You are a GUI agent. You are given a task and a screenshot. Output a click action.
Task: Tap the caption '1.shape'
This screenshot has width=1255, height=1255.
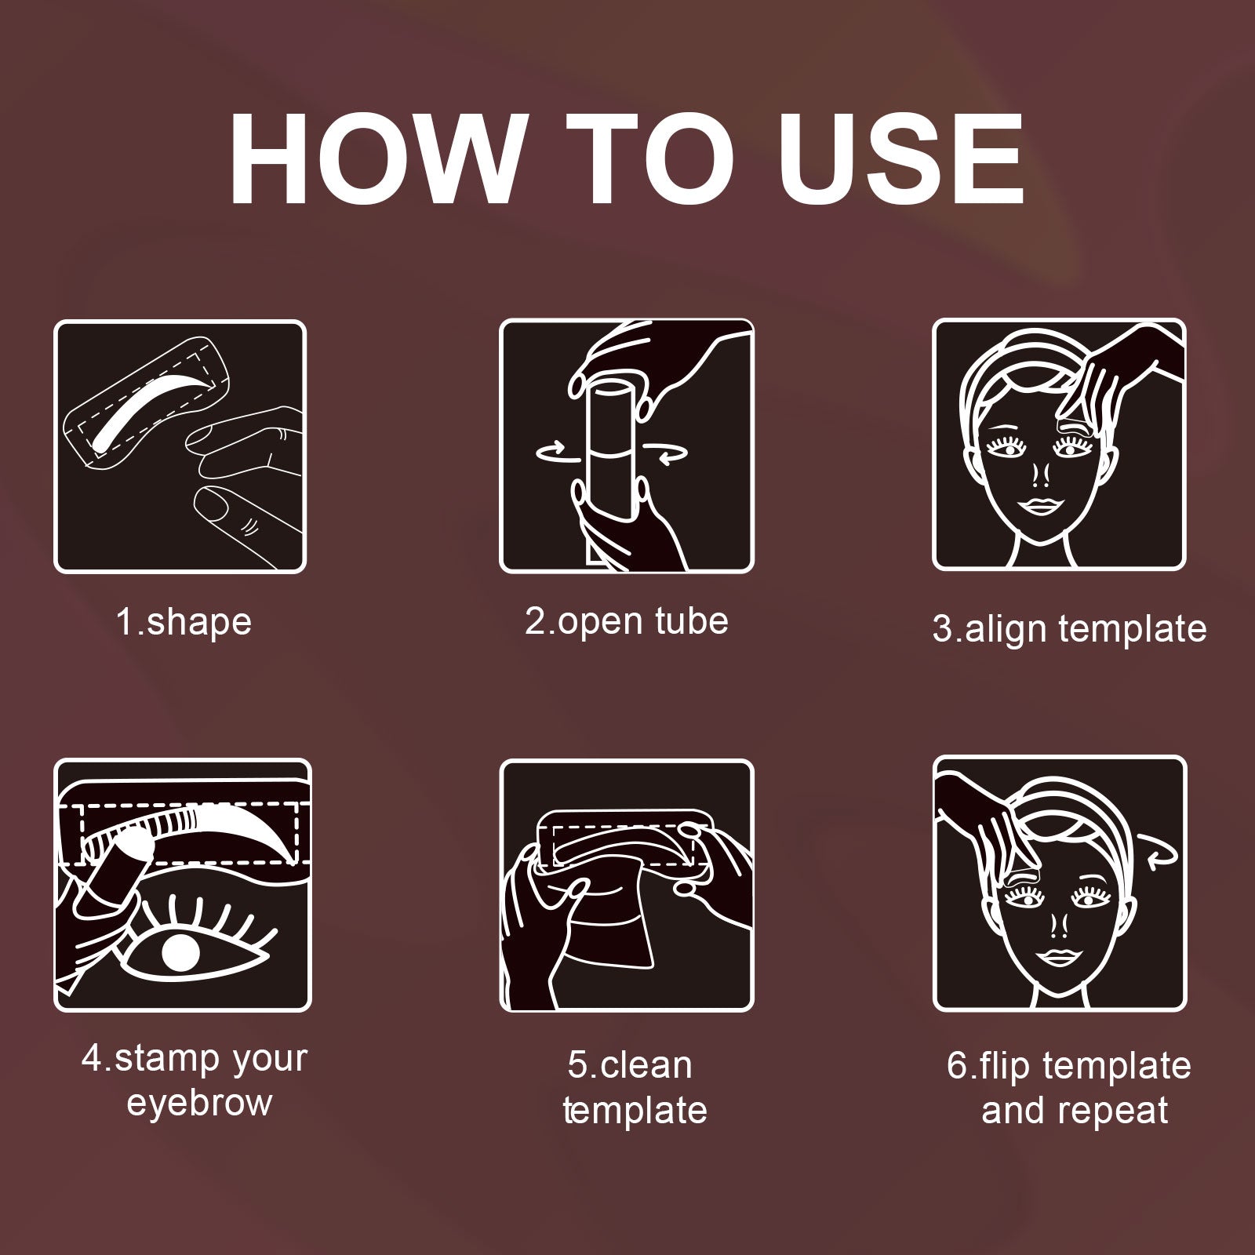pos(184,623)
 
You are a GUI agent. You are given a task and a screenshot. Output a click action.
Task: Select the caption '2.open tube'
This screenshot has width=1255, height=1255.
pos(626,621)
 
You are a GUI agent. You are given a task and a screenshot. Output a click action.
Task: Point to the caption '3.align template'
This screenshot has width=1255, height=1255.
pos(1069,629)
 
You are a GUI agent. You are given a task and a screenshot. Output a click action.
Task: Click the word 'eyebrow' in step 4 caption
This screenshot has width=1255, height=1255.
pos(199,1103)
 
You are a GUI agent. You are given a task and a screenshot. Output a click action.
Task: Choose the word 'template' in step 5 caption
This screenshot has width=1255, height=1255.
pos(635,1111)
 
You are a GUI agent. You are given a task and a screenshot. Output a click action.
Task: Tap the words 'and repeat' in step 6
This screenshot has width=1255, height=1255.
pos(1075,1111)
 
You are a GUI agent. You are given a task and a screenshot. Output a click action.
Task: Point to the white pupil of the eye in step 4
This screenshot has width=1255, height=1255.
pos(180,952)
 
